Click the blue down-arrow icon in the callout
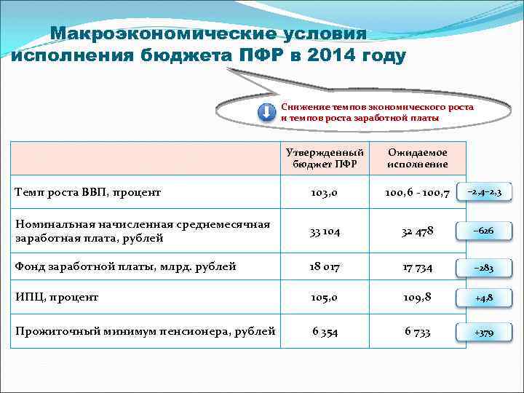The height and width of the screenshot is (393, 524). pos(267,113)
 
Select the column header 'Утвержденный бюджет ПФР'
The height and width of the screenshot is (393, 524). pos(325,159)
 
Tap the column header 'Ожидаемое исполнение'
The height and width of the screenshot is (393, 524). pos(418,159)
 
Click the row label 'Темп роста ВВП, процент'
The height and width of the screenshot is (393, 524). pos(88,192)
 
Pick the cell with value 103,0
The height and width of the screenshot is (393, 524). pos(326,193)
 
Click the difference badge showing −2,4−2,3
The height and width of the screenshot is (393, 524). pos(484,191)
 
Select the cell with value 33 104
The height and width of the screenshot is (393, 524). pos(326,231)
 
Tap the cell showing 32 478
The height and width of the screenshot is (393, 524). pos(418,231)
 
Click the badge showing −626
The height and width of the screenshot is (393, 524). pos(484,230)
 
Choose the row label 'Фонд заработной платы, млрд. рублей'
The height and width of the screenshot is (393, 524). pos(125,266)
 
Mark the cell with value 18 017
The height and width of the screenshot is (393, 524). pos(325,267)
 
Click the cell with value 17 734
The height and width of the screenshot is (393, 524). pos(418,267)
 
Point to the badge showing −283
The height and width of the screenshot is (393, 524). pos(484,268)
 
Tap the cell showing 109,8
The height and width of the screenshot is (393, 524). pos(418,298)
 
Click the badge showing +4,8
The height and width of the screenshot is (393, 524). pos(484,298)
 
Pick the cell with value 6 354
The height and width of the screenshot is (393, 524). pos(325,332)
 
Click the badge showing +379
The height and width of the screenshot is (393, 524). pos(484,333)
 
